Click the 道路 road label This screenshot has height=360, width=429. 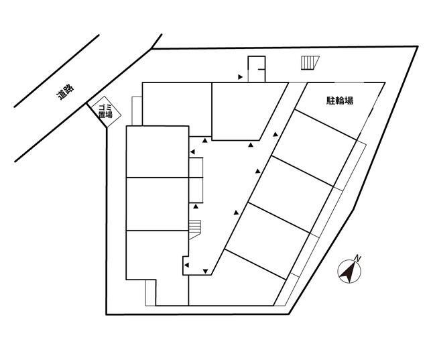(65, 91)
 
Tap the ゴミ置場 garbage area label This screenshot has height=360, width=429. (105, 111)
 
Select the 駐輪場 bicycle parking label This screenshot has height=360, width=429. (340, 101)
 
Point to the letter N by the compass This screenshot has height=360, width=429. (358, 257)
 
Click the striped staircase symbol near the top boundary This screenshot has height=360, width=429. (310, 62)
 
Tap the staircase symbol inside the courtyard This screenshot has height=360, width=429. (195, 229)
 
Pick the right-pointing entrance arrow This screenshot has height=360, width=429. (240, 77)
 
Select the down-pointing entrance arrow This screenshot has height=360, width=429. (206, 272)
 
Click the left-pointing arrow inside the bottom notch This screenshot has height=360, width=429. (186, 265)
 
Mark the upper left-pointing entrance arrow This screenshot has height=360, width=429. (192, 152)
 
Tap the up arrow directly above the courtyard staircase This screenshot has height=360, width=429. (196, 206)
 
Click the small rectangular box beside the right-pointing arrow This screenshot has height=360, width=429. (256, 69)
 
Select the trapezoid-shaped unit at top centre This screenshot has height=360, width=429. (245, 111)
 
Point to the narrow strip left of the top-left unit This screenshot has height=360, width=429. (137, 111)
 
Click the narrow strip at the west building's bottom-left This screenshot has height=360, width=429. (150, 292)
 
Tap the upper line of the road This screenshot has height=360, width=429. (56, 71)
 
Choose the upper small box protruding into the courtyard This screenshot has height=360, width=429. (196, 168)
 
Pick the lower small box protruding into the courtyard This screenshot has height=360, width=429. (196, 190)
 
